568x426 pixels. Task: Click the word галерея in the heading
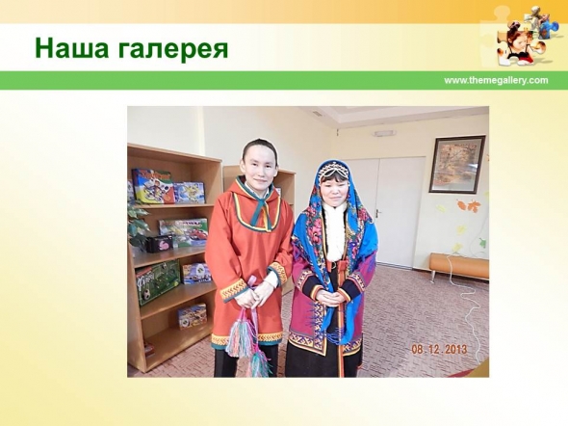pos(173,49)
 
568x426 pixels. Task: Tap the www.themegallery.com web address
pos(496,80)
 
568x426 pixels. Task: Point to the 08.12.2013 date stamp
pos(439,350)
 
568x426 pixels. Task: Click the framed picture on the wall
pos(456,164)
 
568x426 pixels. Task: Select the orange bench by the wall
pos(459,266)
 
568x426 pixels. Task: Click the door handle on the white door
pos(378,212)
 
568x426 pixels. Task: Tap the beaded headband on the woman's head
pos(333,170)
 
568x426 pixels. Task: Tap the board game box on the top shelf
pos(151,186)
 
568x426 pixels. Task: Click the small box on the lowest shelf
pos(192,316)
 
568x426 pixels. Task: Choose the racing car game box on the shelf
pos(184,232)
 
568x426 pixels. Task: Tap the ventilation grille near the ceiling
pos(317,114)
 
